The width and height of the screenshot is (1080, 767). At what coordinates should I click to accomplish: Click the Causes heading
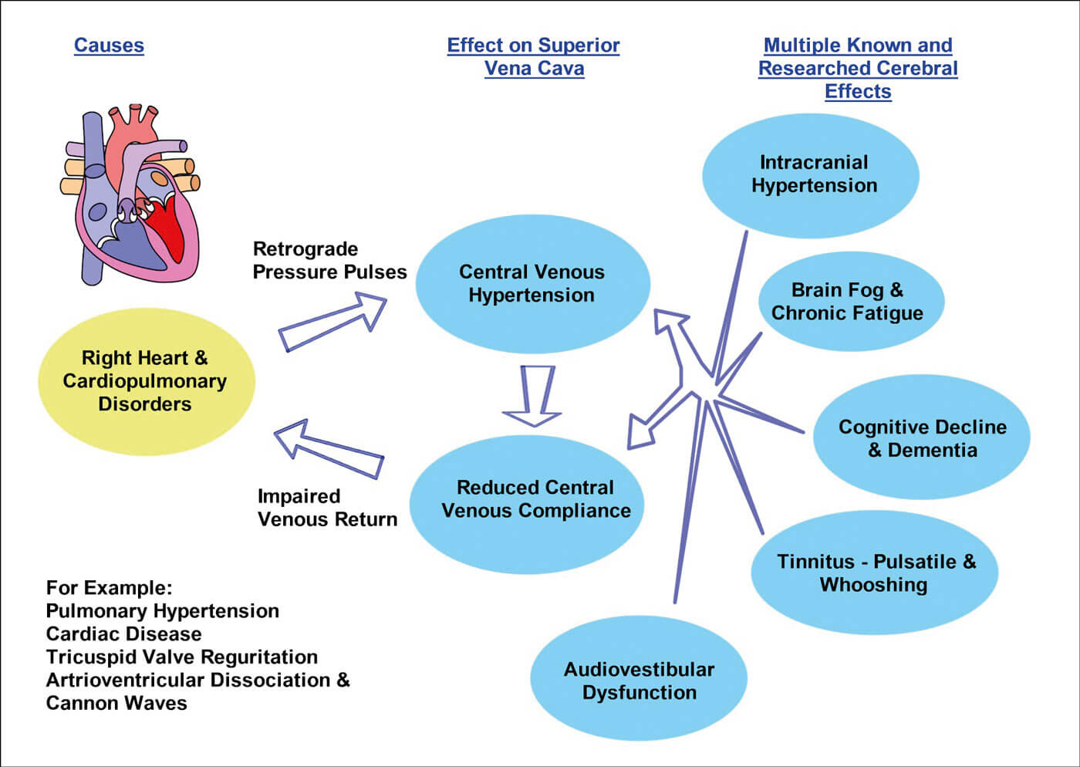click(x=109, y=46)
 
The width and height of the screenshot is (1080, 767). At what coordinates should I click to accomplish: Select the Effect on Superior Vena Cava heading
click(x=534, y=56)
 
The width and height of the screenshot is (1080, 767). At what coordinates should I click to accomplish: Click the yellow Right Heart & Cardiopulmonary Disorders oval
click(x=146, y=381)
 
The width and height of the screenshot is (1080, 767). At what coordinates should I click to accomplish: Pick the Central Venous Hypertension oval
click(x=532, y=283)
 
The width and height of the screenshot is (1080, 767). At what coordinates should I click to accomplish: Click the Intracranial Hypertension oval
click(x=811, y=174)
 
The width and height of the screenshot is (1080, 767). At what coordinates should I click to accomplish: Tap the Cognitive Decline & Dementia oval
click(x=922, y=438)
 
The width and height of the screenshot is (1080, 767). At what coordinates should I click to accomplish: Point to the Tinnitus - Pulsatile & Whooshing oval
click(x=875, y=573)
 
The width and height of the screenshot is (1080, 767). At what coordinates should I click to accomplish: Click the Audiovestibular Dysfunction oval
click(x=639, y=680)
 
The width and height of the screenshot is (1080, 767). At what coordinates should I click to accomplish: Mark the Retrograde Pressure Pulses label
click(x=329, y=260)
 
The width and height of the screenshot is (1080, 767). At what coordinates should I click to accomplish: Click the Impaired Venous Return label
click(x=327, y=508)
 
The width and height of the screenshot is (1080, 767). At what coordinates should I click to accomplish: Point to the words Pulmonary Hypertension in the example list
click(x=163, y=611)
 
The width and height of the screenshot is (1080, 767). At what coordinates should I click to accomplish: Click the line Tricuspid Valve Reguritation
click(x=182, y=657)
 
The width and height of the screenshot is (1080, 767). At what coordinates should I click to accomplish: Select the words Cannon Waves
click(x=116, y=704)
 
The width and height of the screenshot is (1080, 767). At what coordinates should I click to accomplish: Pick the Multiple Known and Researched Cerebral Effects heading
click(x=858, y=68)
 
